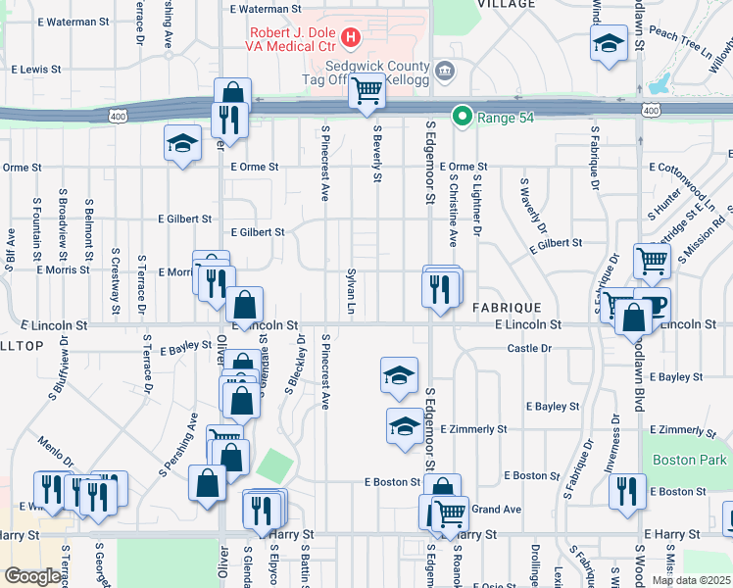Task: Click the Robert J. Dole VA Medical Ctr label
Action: pyautogui.click(x=293, y=37)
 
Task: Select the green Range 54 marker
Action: pyautogui.click(x=461, y=117)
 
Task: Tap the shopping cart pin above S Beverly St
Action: pyautogui.click(x=366, y=92)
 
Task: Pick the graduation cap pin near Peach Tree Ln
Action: pyautogui.click(x=609, y=45)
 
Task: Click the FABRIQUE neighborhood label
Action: pyautogui.click(x=507, y=307)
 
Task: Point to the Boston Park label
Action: pyautogui.click(x=692, y=460)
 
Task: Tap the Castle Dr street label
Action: pyautogui.click(x=529, y=348)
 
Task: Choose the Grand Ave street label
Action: pyautogui.click(x=497, y=510)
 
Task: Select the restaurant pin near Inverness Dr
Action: pyautogui.click(x=627, y=490)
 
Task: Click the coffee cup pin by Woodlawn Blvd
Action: pyautogui.click(x=654, y=303)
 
